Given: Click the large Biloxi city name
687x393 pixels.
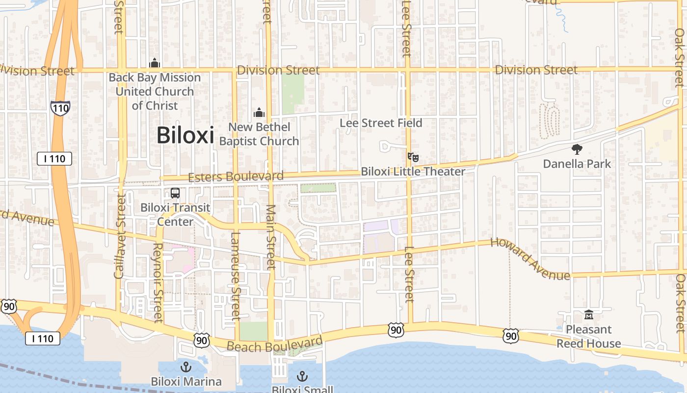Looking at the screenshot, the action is coord(185,136).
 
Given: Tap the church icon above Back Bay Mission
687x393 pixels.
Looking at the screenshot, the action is coord(155,63).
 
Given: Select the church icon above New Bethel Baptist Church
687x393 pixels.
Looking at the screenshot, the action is coord(259,113).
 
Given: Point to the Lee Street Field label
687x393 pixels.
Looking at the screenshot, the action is coord(381,123).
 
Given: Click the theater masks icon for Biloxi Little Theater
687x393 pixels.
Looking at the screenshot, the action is coord(413,157).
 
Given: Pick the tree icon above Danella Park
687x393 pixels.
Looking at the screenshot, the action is coord(577,149).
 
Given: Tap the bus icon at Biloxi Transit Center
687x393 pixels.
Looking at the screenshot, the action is coord(175,193).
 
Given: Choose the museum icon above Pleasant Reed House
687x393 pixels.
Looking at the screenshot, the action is coord(588,314).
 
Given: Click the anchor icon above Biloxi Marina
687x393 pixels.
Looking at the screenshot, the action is coord(186,366).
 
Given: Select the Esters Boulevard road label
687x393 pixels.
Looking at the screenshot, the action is coord(236,177).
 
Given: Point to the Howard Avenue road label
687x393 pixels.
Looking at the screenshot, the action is coord(530,258).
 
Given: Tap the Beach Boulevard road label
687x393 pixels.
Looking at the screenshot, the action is coord(275,344).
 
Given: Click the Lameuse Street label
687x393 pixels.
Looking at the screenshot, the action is coord(236,275).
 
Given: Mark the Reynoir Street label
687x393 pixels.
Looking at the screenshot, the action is coord(158,282).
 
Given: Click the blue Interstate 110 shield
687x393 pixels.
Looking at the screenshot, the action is coord(60,108).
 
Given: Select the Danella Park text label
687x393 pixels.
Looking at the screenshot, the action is coord(577,164).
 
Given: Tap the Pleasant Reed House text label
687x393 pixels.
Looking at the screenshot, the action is coord(588,337).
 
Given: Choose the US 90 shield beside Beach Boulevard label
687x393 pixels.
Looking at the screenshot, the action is coord(201,340).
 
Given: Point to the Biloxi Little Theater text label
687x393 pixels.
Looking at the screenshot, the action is coord(413,171).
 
